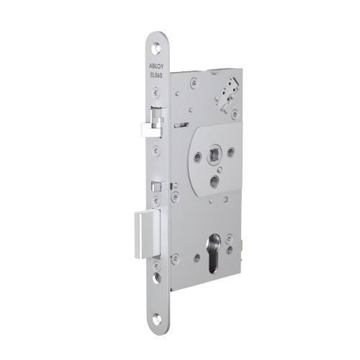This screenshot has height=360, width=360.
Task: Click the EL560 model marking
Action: pyautogui.click(x=158, y=76)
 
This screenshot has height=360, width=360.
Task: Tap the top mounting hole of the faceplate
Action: pyautogui.click(x=157, y=48)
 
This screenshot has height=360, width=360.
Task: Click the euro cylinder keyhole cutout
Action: pyautogui.click(x=215, y=252)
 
